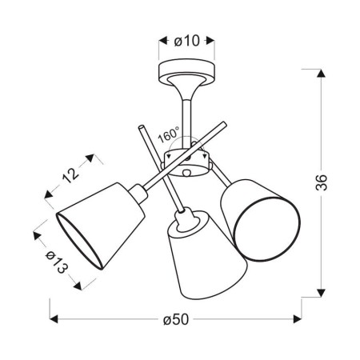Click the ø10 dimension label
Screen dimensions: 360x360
(x=186, y=41)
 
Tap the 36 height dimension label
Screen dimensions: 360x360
(x=321, y=182)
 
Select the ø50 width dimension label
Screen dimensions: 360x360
(x=176, y=319)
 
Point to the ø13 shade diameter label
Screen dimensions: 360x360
(x=57, y=262)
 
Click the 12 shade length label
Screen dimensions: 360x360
(x=70, y=175)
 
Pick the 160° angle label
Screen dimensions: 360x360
(x=168, y=135)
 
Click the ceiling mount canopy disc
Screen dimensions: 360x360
(x=186, y=72)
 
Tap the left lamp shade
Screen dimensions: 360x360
(x=101, y=226)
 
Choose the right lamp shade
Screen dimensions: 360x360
(x=261, y=220)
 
